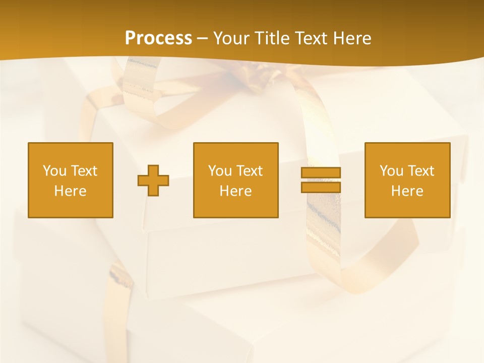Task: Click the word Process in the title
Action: (158, 38)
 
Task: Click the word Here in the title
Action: (353, 38)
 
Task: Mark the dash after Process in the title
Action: (202, 39)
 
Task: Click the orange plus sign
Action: (153, 180)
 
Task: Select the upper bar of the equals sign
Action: (321, 172)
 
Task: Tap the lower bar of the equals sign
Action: (321, 187)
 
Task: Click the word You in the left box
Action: (54, 171)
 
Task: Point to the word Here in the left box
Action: (70, 191)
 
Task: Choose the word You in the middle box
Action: (220, 171)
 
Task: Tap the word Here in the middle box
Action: (235, 191)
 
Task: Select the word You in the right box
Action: (391, 171)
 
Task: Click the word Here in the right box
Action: (407, 191)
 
